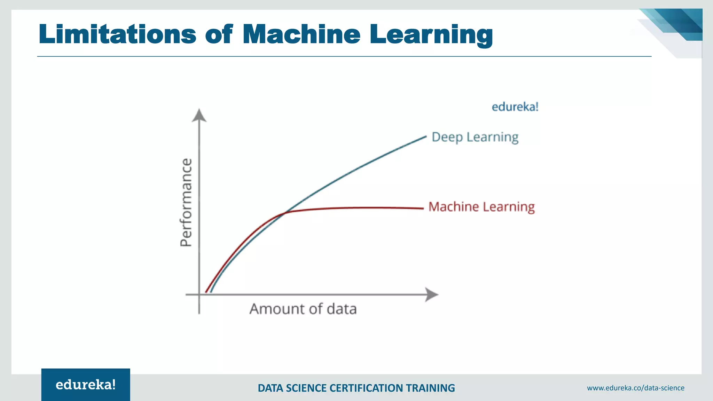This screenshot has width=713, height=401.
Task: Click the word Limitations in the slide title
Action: pos(117,34)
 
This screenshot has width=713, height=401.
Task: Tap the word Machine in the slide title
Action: pos(301,34)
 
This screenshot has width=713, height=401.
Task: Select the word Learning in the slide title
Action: pos(431,35)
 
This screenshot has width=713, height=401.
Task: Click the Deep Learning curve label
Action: pos(475,137)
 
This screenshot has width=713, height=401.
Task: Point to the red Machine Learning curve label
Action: pos(481,207)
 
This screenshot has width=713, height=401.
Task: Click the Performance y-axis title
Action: pos(186,203)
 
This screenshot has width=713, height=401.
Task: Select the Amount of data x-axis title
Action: pos(303,309)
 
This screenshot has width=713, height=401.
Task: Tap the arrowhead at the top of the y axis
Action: pos(199,115)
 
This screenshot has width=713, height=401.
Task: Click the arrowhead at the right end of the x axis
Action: pos(432,294)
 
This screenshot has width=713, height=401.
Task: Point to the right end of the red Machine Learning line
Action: pos(423,209)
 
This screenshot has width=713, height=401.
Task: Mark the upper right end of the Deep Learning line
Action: pos(425,137)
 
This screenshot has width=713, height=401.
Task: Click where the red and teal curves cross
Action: pos(285,212)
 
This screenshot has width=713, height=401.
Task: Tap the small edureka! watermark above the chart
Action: pos(515,107)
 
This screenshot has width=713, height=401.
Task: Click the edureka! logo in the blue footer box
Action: pos(86,385)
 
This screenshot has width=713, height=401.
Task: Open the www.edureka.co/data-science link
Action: pos(635,388)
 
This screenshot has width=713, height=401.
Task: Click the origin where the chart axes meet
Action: pos(199,295)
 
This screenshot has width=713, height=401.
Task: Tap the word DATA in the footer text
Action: pos(271,388)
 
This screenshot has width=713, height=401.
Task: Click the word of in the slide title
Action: pos(219,34)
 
